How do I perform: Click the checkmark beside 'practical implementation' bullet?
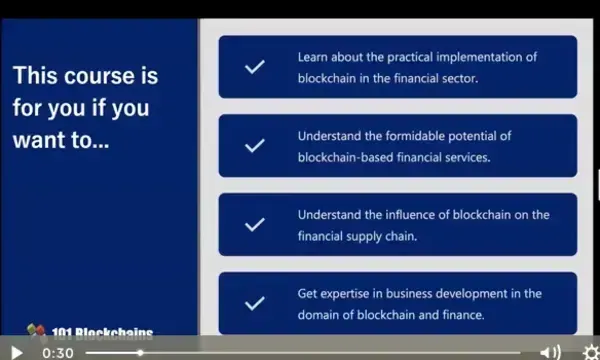(255, 67)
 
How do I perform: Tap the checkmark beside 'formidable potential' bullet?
(255, 145)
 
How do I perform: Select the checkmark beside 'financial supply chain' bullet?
(255, 224)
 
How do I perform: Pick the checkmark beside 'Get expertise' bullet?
(255, 303)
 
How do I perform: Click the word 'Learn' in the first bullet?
(313, 57)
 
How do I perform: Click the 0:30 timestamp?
(58, 352)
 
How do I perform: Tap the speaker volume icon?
(550, 352)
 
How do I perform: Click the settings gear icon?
(591, 352)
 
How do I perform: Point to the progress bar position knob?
(140, 352)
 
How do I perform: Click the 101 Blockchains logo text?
(100, 334)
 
